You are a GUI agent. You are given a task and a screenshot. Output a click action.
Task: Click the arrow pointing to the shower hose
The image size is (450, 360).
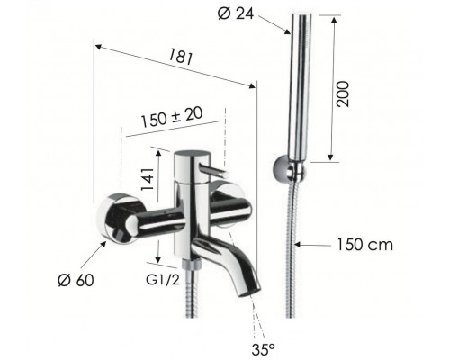click(x=310, y=243)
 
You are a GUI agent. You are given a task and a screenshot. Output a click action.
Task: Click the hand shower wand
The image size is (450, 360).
click(x=298, y=90)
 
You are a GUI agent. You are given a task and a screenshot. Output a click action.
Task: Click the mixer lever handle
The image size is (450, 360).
click(x=212, y=167)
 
